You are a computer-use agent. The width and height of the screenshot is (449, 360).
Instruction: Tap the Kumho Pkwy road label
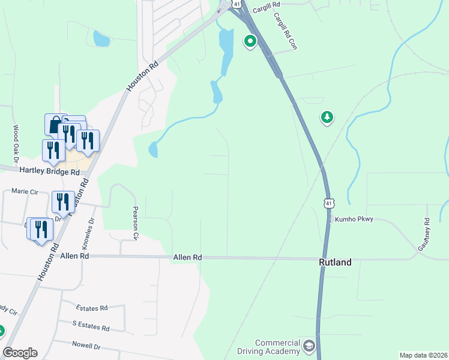click(x=354, y=220)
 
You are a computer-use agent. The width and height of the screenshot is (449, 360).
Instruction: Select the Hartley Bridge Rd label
click(x=49, y=171)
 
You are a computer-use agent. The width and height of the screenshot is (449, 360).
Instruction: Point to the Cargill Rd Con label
click(x=286, y=32)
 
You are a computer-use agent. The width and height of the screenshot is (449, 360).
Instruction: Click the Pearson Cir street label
click(x=135, y=224)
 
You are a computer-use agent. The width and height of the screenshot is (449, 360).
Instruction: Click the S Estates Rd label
click(x=91, y=328)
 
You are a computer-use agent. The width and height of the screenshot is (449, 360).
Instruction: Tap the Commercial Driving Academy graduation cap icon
click(x=309, y=346)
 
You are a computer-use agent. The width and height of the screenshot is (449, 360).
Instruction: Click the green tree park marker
click(x=327, y=117)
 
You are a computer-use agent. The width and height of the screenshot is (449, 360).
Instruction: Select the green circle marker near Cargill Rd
click(x=250, y=41)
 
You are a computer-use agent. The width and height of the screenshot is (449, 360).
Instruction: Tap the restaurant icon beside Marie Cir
click(x=62, y=202)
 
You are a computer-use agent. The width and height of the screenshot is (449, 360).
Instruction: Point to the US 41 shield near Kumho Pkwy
click(x=328, y=203)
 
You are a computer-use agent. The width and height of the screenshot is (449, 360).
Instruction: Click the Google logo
click(x=20, y=353)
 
